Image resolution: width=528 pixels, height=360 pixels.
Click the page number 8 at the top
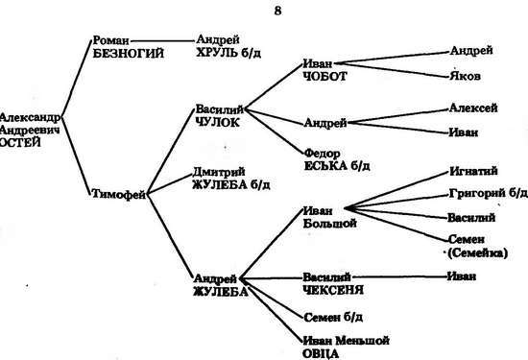277,12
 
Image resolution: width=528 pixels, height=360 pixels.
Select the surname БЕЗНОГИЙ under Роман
129,54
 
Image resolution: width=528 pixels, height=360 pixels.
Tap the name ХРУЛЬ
216,53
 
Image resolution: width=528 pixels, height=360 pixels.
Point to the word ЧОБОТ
324,77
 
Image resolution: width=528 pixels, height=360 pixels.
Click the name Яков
465,76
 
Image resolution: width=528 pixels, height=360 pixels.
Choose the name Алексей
473,108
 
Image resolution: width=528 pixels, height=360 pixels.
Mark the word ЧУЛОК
218,122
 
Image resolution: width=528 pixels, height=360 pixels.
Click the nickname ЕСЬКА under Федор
325,166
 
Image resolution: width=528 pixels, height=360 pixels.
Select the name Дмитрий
219,172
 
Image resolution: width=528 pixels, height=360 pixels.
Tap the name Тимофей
119,194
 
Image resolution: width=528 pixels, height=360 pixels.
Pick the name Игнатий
473,171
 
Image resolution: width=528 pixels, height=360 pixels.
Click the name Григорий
477,193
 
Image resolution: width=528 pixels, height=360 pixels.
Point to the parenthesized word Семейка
477,252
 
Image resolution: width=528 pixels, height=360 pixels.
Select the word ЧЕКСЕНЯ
333,290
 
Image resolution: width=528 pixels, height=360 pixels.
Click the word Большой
329,224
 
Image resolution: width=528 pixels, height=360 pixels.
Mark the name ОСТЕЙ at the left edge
20,142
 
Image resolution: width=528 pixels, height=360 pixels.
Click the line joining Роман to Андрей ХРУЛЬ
163,41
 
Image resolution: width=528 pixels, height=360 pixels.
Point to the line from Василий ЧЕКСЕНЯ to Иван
400,277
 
